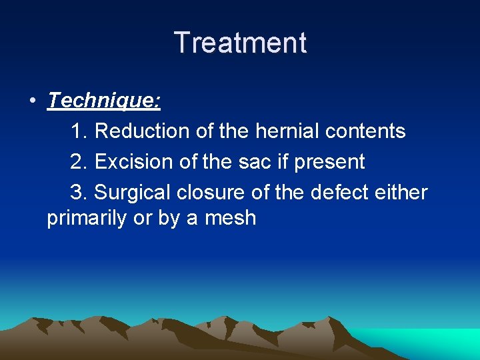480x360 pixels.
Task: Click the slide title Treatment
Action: (x=240, y=43)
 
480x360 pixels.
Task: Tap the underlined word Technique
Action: (x=104, y=101)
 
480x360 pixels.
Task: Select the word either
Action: (x=402, y=193)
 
